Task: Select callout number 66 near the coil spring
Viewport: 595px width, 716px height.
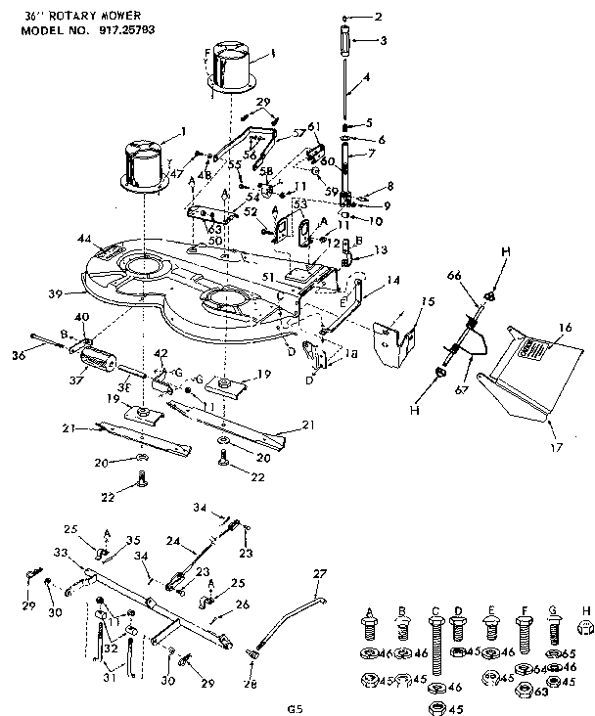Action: pos(454,277)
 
